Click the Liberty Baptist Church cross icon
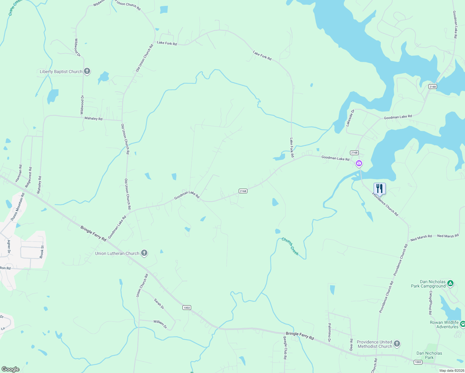(x=87, y=71)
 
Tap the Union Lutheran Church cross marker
(x=144, y=253)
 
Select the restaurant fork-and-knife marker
(x=380, y=188)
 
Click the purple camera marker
(x=359, y=163)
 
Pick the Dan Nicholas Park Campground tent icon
(x=450, y=283)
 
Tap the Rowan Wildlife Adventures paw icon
(x=463, y=324)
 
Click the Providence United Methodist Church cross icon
(x=397, y=344)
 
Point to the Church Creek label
(x=290, y=246)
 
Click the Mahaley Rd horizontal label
(x=93, y=118)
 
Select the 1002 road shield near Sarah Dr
(x=186, y=308)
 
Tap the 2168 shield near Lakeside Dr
(x=354, y=153)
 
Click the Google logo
(x=11, y=369)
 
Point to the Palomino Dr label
(x=329, y=332)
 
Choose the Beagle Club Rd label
(x=285, y=348)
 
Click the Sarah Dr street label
(x=159, y=304)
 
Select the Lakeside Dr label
(x=350, y=118)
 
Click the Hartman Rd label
(x=19, y=173)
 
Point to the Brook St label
(x=42, y=252)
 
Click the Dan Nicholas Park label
(x=429, y=355)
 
